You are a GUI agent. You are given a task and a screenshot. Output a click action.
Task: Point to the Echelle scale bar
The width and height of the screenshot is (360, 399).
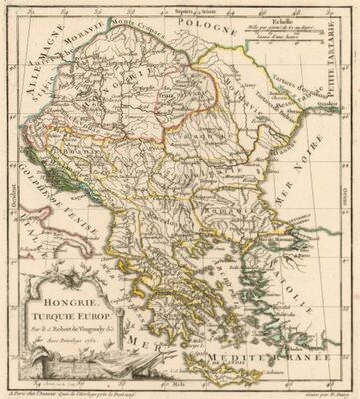point(303,36)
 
